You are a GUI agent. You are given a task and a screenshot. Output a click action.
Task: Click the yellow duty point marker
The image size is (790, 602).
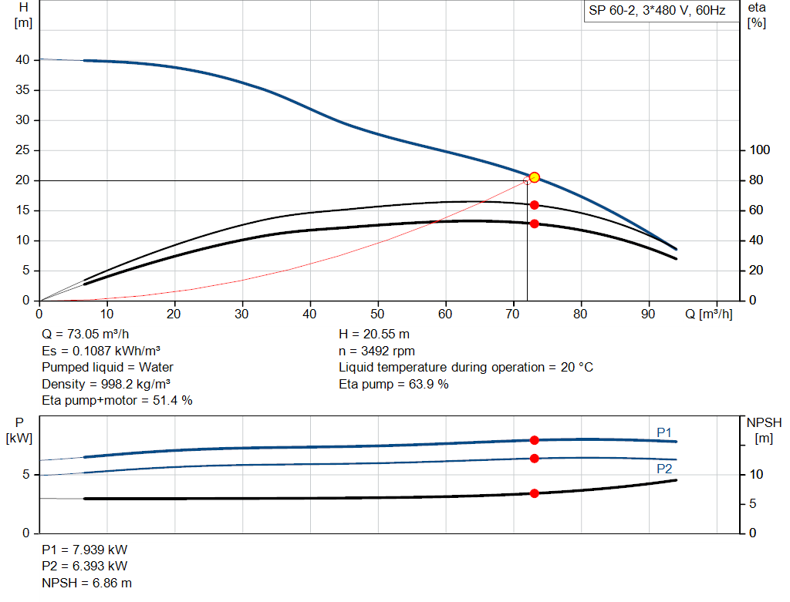[534, 177]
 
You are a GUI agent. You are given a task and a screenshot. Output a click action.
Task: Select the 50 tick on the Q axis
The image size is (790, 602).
[378, 314]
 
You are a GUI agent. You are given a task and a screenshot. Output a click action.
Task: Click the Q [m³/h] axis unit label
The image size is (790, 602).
[707, 314]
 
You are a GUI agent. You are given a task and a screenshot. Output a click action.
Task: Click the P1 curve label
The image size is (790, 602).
[664, 432]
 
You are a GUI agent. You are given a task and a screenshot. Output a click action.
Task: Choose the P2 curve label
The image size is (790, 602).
[664, 469]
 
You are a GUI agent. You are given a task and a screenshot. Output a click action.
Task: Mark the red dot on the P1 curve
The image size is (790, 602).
[534, 440]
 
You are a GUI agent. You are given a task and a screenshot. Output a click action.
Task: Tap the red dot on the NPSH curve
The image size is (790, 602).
[534, 493]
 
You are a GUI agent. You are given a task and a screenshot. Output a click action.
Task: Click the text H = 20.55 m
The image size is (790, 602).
[376, 334]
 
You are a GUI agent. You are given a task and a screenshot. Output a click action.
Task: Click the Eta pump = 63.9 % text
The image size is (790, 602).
[393, 384]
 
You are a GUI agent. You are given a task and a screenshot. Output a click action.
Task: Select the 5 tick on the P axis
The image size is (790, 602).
[26, 475]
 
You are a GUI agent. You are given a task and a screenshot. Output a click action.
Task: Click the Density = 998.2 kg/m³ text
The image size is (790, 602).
[106, 384]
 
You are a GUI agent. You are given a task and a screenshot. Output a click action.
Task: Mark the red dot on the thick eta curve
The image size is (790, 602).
[534, 224]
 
